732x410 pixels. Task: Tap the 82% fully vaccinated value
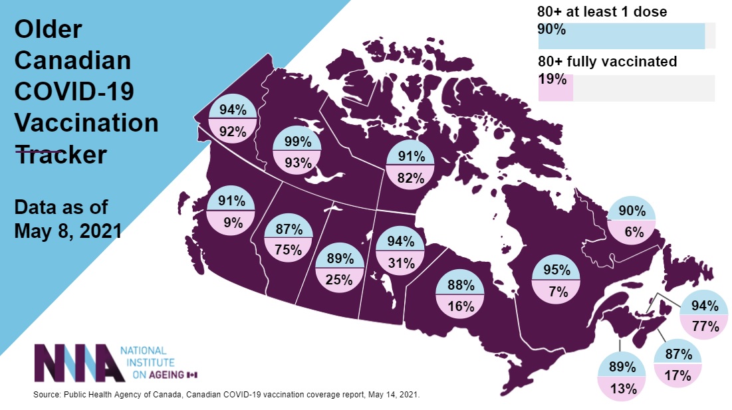pyautogui.click(x=411, y=177)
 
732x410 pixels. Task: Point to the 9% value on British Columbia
pyautogui.click(x=233, y=223)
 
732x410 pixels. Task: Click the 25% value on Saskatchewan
pyautogui.click(x=338, y=280)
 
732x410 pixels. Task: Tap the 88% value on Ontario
pyautogui.click(x=460, y=286)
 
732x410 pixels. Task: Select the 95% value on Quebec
pyautogui.click(x=556, y=270)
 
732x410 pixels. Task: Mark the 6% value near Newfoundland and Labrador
pyautogui.click(x=631, y=233)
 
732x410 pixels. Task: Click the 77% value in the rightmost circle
pyautogui.click(x=704, y=326)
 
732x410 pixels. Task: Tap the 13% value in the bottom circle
pyautogui.click(x=623, y=389)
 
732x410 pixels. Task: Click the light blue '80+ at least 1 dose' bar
pyautogui.click(x=621, y=35)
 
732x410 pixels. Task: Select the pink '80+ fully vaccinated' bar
pyautogui.click(x=555, y=87)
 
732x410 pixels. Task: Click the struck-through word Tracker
pyautogui.click(x=61, y=154)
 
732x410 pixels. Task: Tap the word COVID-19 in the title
pyautogui.click(x=74, y=92)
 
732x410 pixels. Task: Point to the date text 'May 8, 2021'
pyautogui.click(x=68, y=230)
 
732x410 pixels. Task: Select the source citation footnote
pyautogui.click(x=226, y=395)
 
